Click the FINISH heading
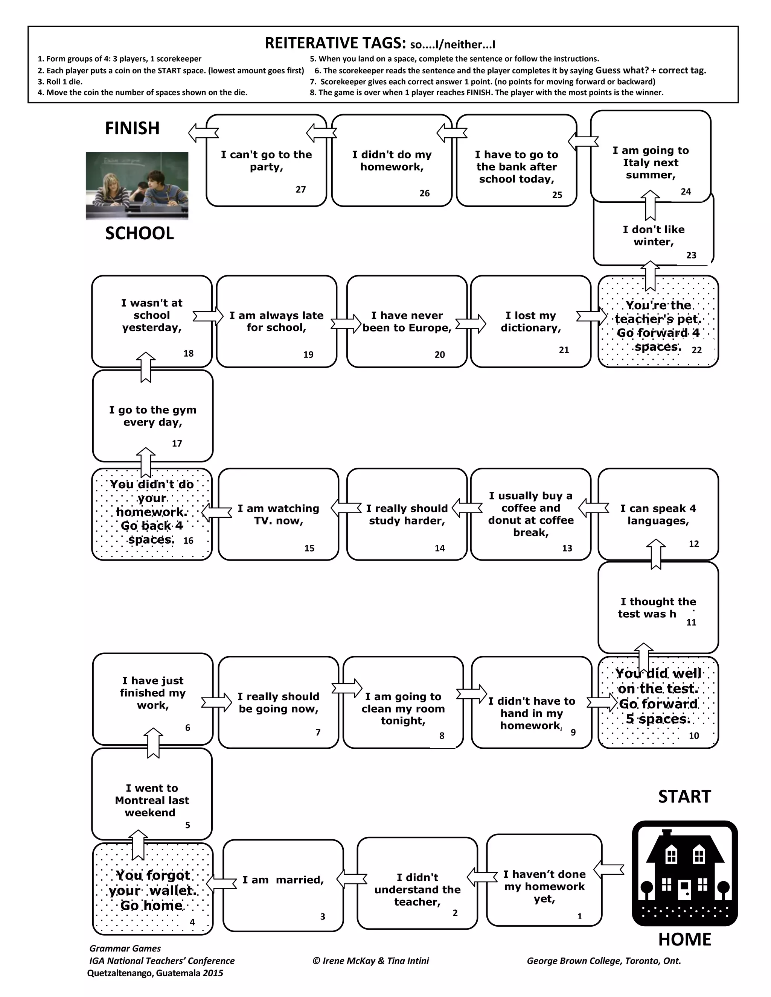[132, 128]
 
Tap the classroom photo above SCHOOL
[137, 186]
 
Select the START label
[684, 796]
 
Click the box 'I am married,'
[283, 886]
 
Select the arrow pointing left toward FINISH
[203, 133]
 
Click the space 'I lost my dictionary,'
[530, 321]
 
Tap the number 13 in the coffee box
[567, 548]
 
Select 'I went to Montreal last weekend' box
[152, 800]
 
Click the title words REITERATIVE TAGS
[335, 43]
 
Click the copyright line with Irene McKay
[370, 961]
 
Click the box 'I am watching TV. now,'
[278, 514]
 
